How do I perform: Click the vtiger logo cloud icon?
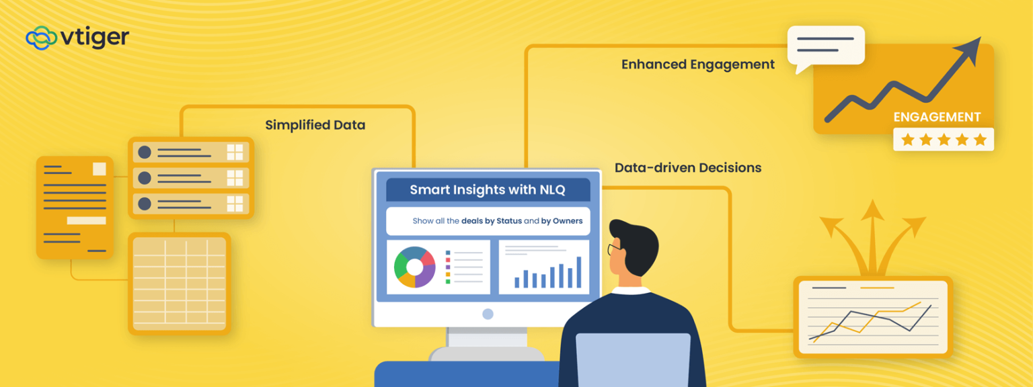pyautogui.click(x=41, y=38)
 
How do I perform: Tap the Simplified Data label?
pyautogui.click(x=315, y=125)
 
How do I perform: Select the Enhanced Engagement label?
pyautogui.click(x=697, y=64)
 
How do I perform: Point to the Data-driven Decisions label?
pyautogui.click(x=688, y=167)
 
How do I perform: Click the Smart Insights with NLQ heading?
pyautogui.click(x=488, y=190)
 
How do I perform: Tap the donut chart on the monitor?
pyautogui.click(x=415, y=267)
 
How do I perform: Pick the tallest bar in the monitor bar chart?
pyautogui.click(x=578, y=272)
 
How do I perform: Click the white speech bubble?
pyautogui.click(x=826, y=46)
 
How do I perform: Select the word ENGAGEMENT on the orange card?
pyautogui.click(x=937, y=117)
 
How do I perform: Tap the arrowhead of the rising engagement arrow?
pyautogui.click(x=972, y=48)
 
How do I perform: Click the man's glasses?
pyautogui.click(x=613, y=250)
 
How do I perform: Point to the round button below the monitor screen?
pyautogui.click(x=488, y=314)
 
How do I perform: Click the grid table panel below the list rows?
pyautogui.click(x=180, y=284)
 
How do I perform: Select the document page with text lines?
pyautogui.click(x=75, y=207)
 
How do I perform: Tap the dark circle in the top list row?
pyautogui.click(x=145, y=153)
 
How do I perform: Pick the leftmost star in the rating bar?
pyautogui.click(x=907, y=140)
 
